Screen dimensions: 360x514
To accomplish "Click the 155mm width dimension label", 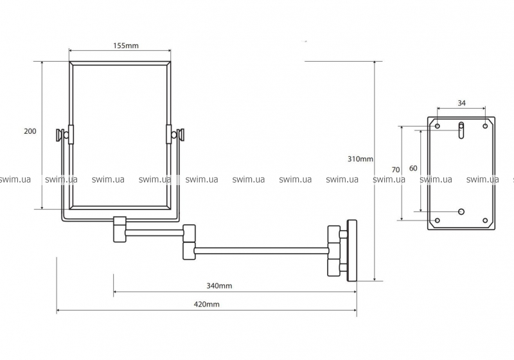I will tap(120, 46).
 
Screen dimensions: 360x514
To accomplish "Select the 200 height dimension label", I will tap(30, 131).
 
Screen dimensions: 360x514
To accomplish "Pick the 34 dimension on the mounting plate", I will tap(461, 103).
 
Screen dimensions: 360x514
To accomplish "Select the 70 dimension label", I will tap(396, 169).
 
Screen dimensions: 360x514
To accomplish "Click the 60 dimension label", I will tap(412, 168).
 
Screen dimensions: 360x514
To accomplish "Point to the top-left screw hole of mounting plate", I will tap(438, 126).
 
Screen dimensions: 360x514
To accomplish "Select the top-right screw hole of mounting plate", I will tap(486, 126).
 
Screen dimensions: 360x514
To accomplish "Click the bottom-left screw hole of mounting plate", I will tap(438, 221).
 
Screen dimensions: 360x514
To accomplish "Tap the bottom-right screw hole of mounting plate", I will tap(486, 221).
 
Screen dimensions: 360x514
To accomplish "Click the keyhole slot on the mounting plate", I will tap(461, 130).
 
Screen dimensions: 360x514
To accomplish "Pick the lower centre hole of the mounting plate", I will tap(461, 211).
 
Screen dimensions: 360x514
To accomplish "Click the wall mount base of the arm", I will tap(351, 249).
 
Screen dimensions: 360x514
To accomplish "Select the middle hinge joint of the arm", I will tap(189, 242).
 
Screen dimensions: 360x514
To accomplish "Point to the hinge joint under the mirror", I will tap(120, 229).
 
